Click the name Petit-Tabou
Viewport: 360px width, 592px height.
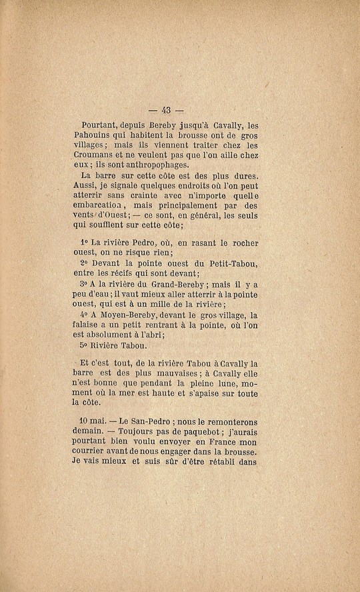point(234,263)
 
